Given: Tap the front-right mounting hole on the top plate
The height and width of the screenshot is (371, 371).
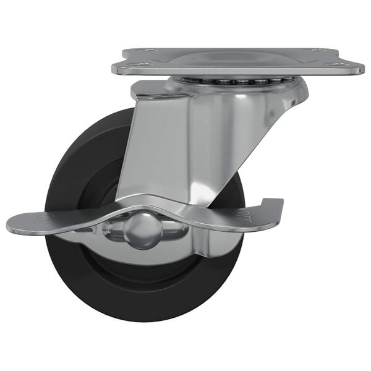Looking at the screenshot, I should (x=338, y=63).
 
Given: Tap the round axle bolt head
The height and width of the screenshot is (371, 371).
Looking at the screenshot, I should (x=143, y=229).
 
